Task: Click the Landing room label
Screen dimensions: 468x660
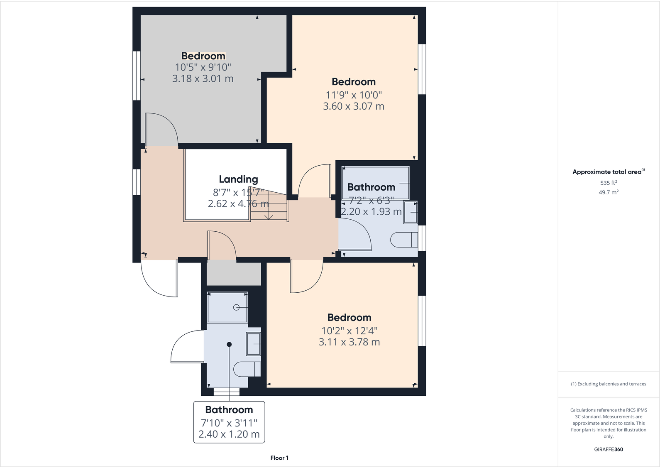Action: tap(238, 179)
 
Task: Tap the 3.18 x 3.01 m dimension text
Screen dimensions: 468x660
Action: tap(203, 78)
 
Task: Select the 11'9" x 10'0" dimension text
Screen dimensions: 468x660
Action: tap(353, 95)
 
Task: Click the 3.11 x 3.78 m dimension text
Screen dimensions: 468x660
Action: tap(349, 342)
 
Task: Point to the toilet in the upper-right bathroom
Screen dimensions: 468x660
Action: tap(404, 240)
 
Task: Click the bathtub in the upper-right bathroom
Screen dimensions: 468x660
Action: tap(376, 183)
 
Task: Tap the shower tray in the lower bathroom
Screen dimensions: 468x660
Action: tap(227, 307)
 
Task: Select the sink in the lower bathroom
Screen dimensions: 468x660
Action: tap(253, 344)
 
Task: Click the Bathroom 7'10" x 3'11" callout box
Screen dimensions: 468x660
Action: tap(229, 422)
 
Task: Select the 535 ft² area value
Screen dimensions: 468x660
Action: tap(608, 183)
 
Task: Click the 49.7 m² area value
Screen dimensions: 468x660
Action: tap(608, 192)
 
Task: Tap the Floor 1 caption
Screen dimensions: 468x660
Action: tap(279, 458)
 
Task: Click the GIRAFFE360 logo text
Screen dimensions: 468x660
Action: tap(608, 449)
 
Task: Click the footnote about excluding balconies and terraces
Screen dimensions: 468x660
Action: tap(608, 384)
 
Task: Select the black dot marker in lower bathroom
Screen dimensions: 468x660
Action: tap(229, 344)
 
